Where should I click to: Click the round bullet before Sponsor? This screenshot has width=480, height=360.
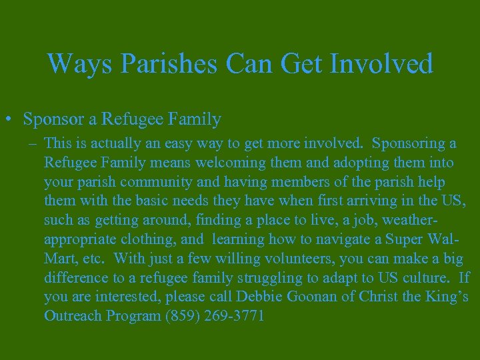tap(11, 120)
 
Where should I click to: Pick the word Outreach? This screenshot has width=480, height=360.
tap(71, 316)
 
